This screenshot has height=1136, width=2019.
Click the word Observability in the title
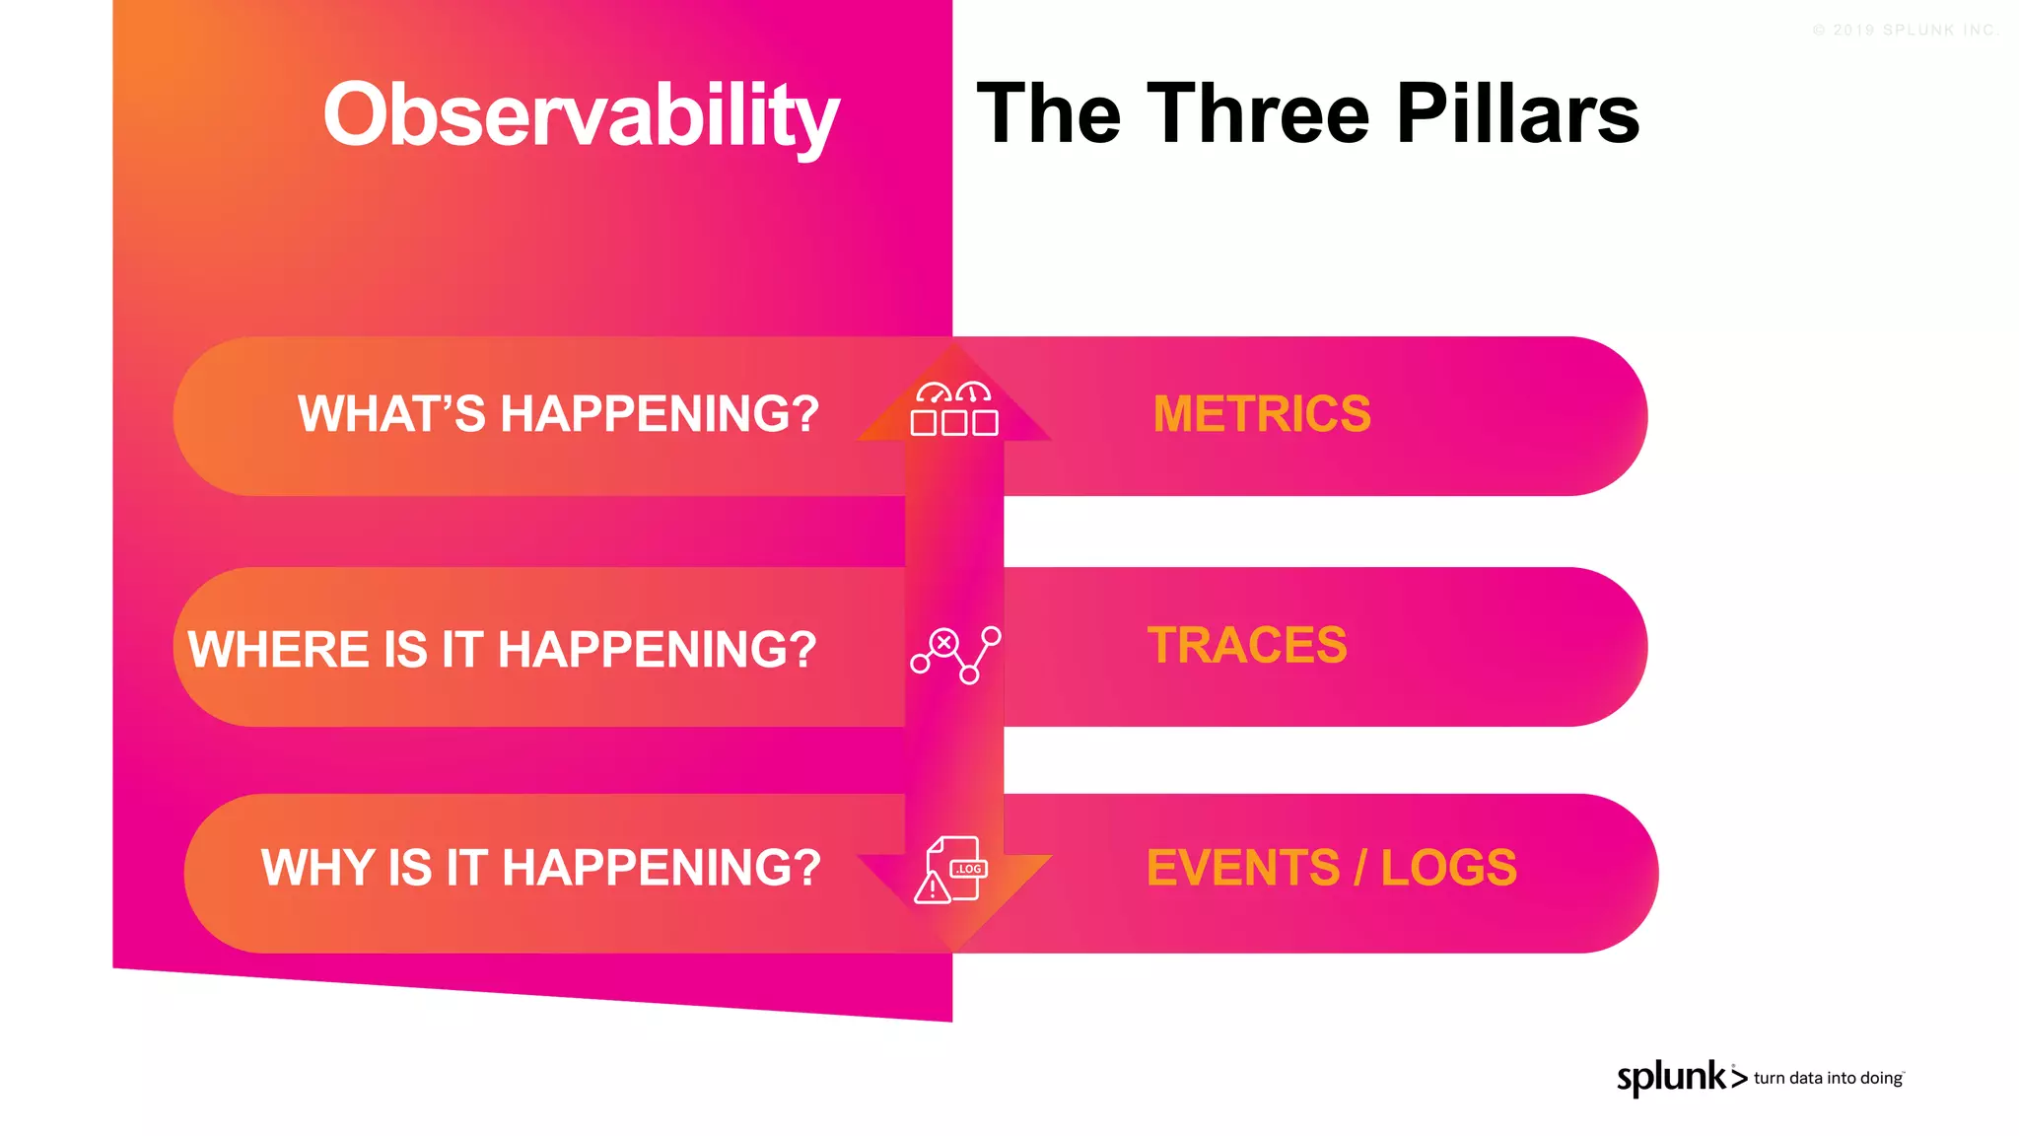581,116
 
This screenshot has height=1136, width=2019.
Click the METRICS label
1261,414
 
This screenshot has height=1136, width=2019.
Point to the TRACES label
1246,646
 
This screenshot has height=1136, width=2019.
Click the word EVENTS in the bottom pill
1242,868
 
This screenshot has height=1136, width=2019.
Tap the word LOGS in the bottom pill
1448,868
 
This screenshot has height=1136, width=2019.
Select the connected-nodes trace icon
954,655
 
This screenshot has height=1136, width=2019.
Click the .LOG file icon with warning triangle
953,869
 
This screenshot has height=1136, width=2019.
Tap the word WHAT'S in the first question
391,414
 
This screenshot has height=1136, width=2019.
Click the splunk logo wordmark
1671,1078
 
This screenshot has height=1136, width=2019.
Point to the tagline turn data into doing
1828,1079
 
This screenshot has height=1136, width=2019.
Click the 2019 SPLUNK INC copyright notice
1905,31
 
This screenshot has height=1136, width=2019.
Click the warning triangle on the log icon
932,888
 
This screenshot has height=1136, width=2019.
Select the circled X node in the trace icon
943,643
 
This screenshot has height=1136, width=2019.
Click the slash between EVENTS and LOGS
1360,868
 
